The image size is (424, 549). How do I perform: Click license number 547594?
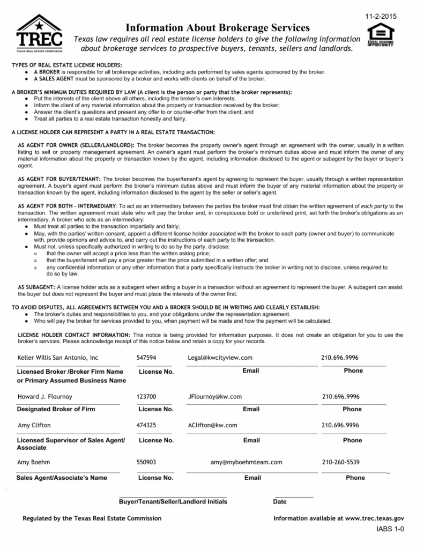point(146,358)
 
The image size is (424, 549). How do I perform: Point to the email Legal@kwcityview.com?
point(220,358)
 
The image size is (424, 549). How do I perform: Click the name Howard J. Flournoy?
point(44,397)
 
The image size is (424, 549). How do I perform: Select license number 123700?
point(146,397)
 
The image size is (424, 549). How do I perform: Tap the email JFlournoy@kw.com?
point(215,397)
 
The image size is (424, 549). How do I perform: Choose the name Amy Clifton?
point(34,425)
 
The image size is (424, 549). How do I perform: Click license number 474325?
point(146,425)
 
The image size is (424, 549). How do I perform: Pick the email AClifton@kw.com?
point(212,425)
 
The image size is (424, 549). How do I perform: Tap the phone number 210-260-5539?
point(341,462)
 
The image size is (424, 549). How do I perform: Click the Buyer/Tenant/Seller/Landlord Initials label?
point(173,502)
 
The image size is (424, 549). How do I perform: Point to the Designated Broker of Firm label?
point(56,409)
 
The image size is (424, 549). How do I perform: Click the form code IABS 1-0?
point(389,530)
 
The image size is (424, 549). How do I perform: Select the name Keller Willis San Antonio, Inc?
point(58,358)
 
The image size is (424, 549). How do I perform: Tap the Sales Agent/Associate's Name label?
point(62,478)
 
